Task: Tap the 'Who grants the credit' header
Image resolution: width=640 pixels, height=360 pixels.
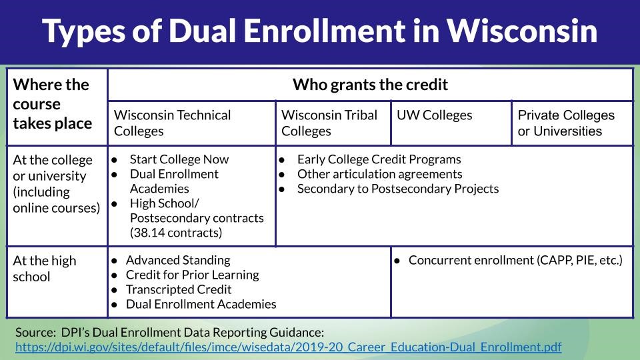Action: click(x=370, y=85)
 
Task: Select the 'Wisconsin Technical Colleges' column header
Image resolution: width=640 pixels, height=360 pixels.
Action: click(x=173, y=123)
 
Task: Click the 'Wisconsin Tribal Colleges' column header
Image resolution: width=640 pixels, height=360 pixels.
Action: click(x=329, y=123)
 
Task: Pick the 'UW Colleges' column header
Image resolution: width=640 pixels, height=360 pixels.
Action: click(x=434, y=115)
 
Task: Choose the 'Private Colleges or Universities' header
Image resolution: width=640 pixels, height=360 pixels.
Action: click(x=566, y=123)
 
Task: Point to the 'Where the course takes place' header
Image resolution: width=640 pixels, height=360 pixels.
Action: click(x=52, y=104)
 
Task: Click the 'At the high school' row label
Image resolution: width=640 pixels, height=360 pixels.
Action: click(x=45, y=268)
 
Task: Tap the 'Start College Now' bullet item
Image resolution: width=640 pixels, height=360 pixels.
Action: click(x=179, y=159)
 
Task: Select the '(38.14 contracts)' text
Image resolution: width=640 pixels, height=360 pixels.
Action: click(x=176, y=233)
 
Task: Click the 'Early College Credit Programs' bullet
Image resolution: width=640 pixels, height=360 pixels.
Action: click(x=379, y=159)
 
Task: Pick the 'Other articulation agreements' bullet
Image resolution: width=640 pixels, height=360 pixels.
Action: click(x=379, y=174)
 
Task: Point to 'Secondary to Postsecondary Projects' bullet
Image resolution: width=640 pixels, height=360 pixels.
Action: click(x=397, y=189)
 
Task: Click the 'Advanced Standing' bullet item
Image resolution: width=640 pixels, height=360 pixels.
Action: click(x=177, y=260)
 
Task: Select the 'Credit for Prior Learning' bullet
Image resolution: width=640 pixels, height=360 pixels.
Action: click(x=192, y=275)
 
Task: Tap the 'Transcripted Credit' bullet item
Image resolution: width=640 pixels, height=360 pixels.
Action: click(x=179, y=289)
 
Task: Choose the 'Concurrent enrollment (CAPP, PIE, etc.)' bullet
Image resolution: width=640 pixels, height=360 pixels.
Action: click(x=515, y=260)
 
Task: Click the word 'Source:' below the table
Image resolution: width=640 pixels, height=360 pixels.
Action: click(x=34, y=331)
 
